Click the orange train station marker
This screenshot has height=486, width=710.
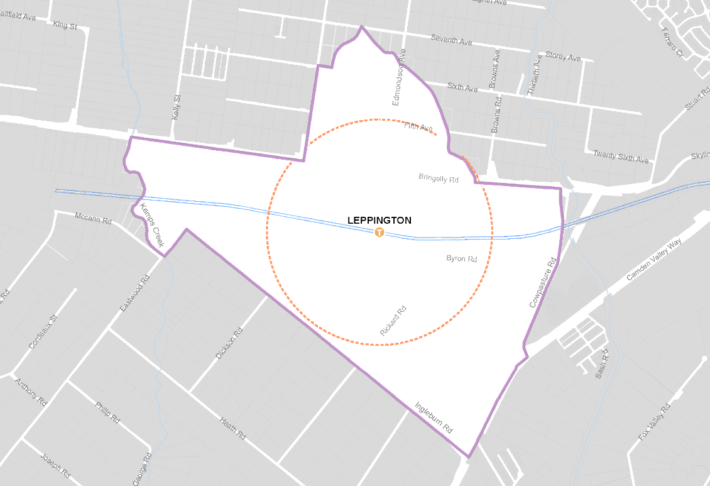pyautogui.click(x=379, y=232)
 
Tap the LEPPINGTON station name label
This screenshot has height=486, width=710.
pyautogui.click(x=380, y=221)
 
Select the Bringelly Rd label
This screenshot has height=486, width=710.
pyautogui.click(x=439, y=179)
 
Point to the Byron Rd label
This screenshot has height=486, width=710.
pyautogui.click(x=462, y=258)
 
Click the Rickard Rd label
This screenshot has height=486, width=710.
pyautogui.click(x=393, y=321)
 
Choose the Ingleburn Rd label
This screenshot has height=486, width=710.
pyautogui.click(x=434, y=417)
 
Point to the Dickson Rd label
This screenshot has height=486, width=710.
pyautogui.click(x=229, y=345)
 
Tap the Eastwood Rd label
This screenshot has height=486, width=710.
pyautogui.click(x=135, y=294)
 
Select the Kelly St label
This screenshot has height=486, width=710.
pyautogui.click(x=176, y=108)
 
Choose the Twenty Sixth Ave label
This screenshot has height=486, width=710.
pyautogui.click(x=621, y=157)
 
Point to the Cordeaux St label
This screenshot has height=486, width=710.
pyautogui.click(x=43, y=332)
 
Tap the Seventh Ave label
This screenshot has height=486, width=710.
pyautogui.click(x=451, y=39)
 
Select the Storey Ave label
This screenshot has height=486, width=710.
pyautogui.click(x=563, y=57)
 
